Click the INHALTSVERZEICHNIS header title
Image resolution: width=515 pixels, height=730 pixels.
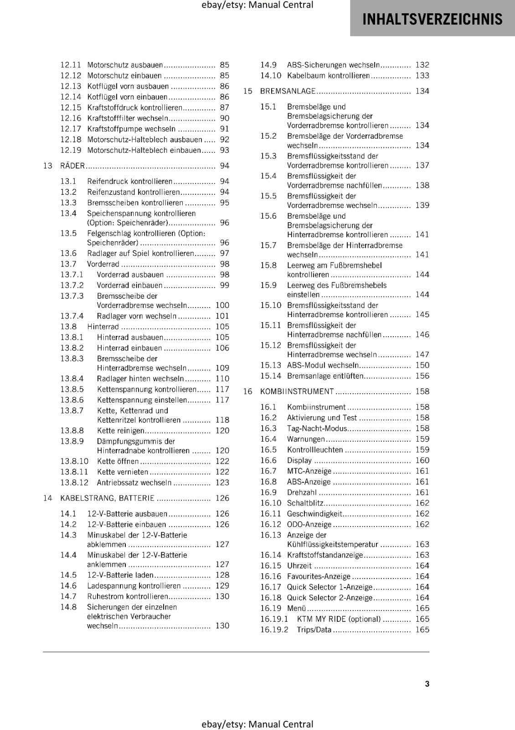click(432, 19)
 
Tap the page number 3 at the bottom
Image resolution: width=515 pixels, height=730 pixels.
click(427, 683)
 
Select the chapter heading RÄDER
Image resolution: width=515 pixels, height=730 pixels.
click(72, 166)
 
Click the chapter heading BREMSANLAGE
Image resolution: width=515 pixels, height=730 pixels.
click(288, 91)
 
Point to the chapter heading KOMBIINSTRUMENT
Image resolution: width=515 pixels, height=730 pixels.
click(297, 391)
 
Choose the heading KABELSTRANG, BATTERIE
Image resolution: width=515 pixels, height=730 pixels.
click(107, 498)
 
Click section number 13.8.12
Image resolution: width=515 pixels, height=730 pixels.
click(74, 483)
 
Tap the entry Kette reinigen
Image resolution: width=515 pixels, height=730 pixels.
click(120, 431)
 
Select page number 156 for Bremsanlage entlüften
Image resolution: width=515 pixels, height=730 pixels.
click(422, 376)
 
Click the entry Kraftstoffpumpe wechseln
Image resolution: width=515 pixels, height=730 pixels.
click(131, 129)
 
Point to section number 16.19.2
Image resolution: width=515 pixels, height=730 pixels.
click(274, 630)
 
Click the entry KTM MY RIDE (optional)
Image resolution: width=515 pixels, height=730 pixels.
click(338, 619)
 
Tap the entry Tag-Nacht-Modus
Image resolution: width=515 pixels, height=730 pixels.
click(317, 428)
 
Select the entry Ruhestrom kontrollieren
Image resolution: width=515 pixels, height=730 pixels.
click(128, 596)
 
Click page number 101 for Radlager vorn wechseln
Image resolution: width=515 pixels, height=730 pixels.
click(222, 316)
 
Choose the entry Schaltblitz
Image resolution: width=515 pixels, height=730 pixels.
click(305, 503)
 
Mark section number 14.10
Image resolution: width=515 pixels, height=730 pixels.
click(271, 76)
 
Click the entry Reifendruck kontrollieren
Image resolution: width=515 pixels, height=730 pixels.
click(129, 182)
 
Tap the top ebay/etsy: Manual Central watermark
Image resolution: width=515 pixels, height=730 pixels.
click(257, 5)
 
